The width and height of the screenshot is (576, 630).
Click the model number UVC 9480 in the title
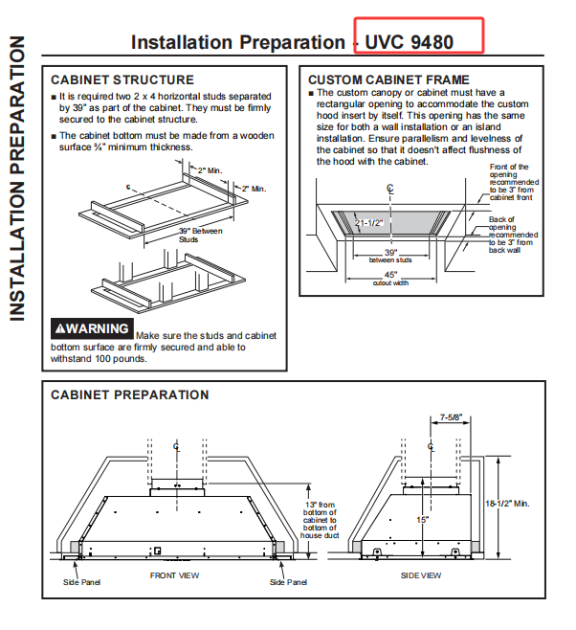(x=409, y=42)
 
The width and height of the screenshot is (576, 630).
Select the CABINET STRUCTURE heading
(x=122, y=80)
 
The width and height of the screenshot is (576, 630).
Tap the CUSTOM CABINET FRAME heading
(x=388, y=79)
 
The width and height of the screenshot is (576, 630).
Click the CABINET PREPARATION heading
(x=130, y=395)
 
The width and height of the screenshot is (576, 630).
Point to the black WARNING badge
(x=92, y=328)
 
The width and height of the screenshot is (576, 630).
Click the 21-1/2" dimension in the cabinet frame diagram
(x=369, y=223)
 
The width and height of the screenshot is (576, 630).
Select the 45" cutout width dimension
(x=390, y=278)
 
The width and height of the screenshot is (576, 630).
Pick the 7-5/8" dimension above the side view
(x=451, y=417)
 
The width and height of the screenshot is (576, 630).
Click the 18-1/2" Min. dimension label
(x=507, y=504)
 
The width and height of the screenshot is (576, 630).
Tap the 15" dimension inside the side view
(x=422, y=520)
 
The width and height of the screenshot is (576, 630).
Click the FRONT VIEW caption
(x=174, y=575)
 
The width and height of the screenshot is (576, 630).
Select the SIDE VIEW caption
(x=421, y=575)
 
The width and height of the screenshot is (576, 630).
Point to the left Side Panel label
(x=81, y=582)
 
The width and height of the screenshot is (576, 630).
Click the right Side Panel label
(x=288, y=582)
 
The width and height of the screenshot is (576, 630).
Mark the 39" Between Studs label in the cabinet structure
(x=200, y=235)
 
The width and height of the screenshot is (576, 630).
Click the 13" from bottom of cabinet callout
(x=320, y=520)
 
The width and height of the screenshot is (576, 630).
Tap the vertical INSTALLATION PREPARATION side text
(x=17, y=178)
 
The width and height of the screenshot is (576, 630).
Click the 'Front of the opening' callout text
(x=514, y=182)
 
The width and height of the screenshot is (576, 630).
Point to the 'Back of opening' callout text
(x=513, y=235)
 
